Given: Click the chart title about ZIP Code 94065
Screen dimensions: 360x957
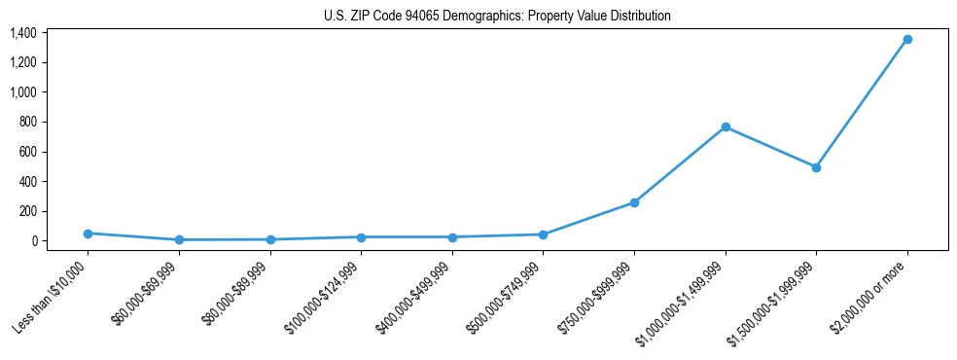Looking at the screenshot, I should (x=497, y=16).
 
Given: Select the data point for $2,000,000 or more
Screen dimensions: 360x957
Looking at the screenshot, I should (x=907, y=39).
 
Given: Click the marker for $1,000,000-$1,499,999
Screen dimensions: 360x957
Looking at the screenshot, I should (x=726, y=126).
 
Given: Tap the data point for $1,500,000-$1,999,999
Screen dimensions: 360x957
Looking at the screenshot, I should (x=816, y=167).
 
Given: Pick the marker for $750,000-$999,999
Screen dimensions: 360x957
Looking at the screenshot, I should (x=634, y=202).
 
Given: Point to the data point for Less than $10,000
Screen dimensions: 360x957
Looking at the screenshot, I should (x=88, y=234).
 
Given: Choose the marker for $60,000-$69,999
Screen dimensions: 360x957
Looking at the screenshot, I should (x=179, y=239).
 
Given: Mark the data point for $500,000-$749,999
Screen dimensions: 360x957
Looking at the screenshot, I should (x=543, y=234).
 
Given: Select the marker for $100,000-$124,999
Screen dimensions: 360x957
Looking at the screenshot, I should (x=361, y=237).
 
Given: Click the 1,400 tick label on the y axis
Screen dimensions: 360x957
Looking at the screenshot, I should (x=23, y=33).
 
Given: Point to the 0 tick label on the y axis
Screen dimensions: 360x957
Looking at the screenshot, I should (x=33, y=241).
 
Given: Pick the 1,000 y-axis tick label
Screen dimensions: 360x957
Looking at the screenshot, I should (x=23, y=92).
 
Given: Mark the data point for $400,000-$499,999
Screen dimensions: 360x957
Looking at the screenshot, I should (x=452, y=237).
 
